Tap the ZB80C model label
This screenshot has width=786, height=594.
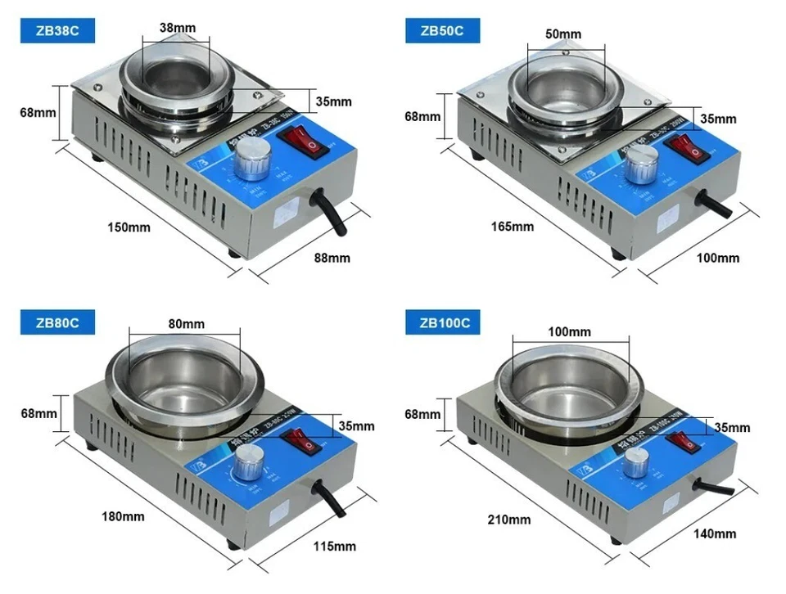coord(58,322)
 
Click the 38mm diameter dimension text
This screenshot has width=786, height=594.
coord(178,28)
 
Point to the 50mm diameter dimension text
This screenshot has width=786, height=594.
coord(562,34)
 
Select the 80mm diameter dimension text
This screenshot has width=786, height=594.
coord(186,323)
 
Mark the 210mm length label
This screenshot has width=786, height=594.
coord(508,519)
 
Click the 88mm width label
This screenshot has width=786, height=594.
coord(332,258)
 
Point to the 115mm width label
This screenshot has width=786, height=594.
coord(334,545)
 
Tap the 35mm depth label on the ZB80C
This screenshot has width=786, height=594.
coord(357,426)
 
